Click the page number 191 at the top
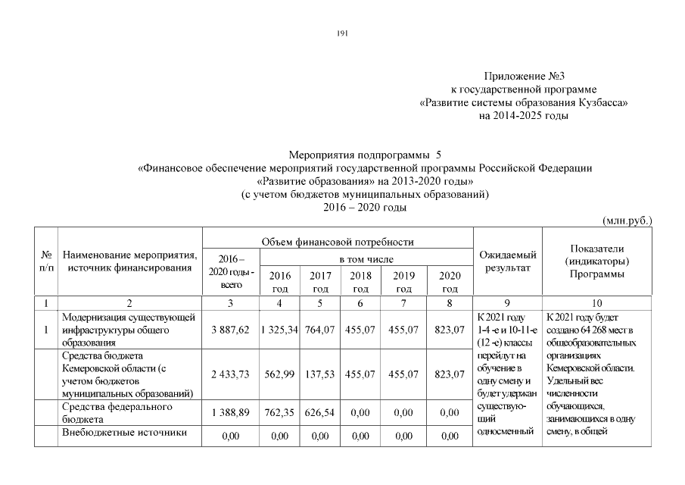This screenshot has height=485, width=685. tap(341, 33)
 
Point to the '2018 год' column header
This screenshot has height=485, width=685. tap(361, 282)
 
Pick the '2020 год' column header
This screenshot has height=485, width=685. tap(450, 282)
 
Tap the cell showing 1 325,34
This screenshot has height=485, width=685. tap(280, 330)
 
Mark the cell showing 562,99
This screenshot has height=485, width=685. tap(280, 374)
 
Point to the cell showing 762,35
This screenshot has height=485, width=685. tap(280, 413)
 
